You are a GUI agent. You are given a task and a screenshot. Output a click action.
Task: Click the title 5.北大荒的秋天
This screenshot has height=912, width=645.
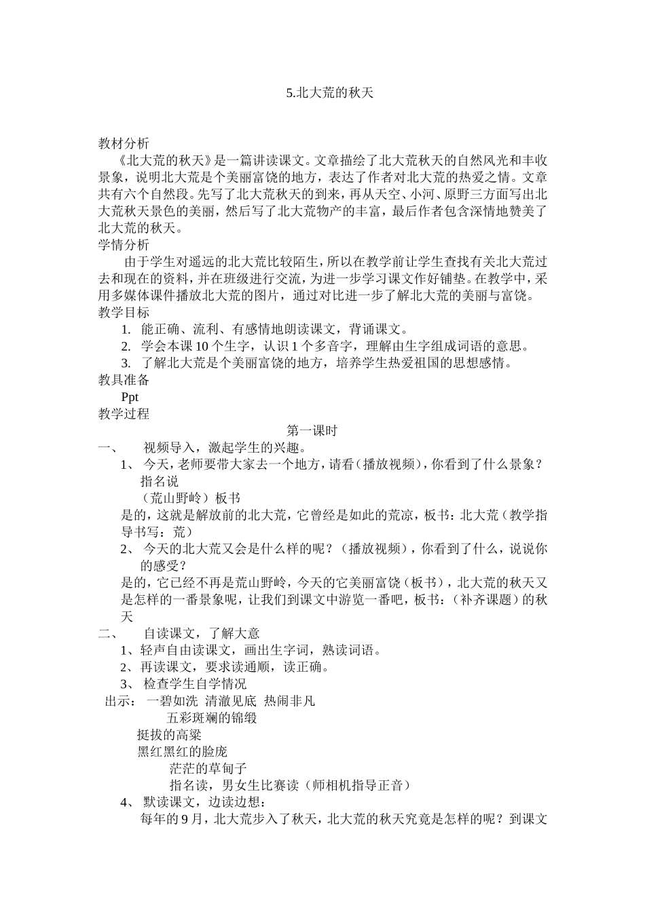(x=331, y=94)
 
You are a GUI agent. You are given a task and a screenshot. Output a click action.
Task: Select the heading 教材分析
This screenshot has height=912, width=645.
(x=124, y=144)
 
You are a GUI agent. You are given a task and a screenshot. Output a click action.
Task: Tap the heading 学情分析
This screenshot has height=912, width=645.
(x=124, y=245)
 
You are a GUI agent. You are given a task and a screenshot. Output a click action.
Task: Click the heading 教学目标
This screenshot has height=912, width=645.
(x=124, y=313)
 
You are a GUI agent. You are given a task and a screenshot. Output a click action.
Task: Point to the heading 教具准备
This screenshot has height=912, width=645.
(x=124, y=380)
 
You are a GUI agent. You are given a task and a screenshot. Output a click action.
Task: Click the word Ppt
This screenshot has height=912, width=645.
(x=130, y=397)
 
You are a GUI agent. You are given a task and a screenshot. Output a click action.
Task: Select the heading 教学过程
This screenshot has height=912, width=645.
(x=124, y=414)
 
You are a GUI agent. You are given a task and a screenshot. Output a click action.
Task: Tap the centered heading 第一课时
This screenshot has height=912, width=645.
(x=312, y=431)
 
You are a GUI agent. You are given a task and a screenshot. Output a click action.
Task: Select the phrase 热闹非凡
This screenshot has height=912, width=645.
(x=289, y=701)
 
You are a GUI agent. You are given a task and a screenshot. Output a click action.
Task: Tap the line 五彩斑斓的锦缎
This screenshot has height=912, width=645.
(x=211, y=717)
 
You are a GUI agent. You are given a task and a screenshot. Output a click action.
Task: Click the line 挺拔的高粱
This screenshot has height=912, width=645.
(x=169, y=734)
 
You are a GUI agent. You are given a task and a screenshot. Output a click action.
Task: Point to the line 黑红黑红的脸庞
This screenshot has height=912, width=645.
(x=182, y=751)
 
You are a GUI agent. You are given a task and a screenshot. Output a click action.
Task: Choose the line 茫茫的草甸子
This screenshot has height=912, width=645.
(x=208, y=768)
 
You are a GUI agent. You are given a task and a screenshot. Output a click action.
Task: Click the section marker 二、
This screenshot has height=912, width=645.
(x=109, y=634)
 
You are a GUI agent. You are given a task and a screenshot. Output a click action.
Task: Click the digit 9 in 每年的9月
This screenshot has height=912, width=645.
(x=185, y=819)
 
